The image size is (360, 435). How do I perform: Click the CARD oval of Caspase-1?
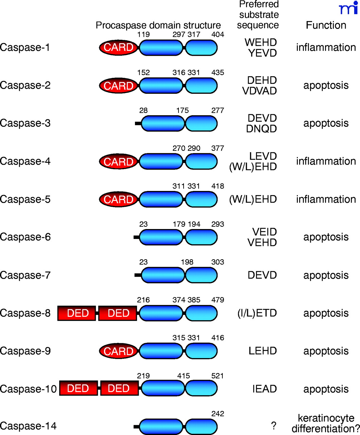pyautogui.click(x=118, y=48)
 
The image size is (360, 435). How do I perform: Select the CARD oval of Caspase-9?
pyautogui.click(x=118, y=351)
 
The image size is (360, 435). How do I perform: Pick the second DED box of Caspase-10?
pyautogui.click(x=119, y=388)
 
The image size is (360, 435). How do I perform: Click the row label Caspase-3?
pyautogui.click(x=25, y=123)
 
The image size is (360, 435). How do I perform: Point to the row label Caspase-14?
pyautogui.click(x=28, y=426)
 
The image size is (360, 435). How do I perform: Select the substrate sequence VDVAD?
pyautogui.click(x=259, y=91)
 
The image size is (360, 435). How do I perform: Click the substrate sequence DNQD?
pyautogui.click(x=262, y=129)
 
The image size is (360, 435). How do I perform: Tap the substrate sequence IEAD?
pyautogui.click(x=264, y=389)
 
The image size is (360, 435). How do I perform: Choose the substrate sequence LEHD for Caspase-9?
pyautogui.click(x=262, y=351)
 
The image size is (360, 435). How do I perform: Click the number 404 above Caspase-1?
pyautogui.click(x=218, y=34)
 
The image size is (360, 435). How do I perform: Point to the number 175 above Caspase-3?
pyautogui.click(x=183, y=110)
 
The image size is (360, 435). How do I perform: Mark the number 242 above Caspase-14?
pyautogui.click(x=218, y=414)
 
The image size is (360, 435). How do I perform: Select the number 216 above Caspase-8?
pyautogui.click(x=143, y=300)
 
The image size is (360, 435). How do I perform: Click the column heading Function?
pyautogui.click(x=326, y=25)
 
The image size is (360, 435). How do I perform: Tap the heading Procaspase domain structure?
pyautogui.click(x=158, y=25)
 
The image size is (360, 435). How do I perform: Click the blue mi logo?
pyautogui.click(x=348, y=8)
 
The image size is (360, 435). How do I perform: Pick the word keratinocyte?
pyautogui.click(x=326, y=418)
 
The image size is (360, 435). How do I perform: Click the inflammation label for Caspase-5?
pyautogui.click(x=326, y=199)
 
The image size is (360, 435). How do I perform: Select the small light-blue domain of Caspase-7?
pyautogui.click(x=201, y=275)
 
